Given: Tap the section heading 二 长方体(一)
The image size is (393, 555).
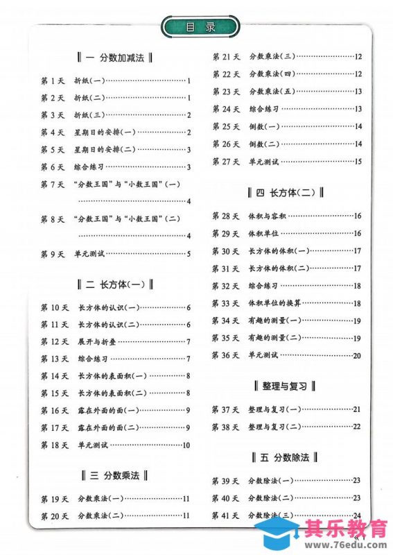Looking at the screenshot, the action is pos(115,284).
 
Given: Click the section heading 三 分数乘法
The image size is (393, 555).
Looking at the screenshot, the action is pos(115,475).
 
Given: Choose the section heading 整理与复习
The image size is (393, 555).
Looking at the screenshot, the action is pos(286,386).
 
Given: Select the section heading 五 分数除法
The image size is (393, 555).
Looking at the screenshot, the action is pos(286,457).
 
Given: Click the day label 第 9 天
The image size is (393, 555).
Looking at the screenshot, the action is pos(53,254).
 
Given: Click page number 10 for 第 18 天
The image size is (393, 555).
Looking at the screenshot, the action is pos(186,445).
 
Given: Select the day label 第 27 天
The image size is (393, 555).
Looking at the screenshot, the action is pos(225,161).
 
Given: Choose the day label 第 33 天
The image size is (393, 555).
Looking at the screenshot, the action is pos(225,303).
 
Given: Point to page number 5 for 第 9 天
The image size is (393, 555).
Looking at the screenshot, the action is pos(189,254).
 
